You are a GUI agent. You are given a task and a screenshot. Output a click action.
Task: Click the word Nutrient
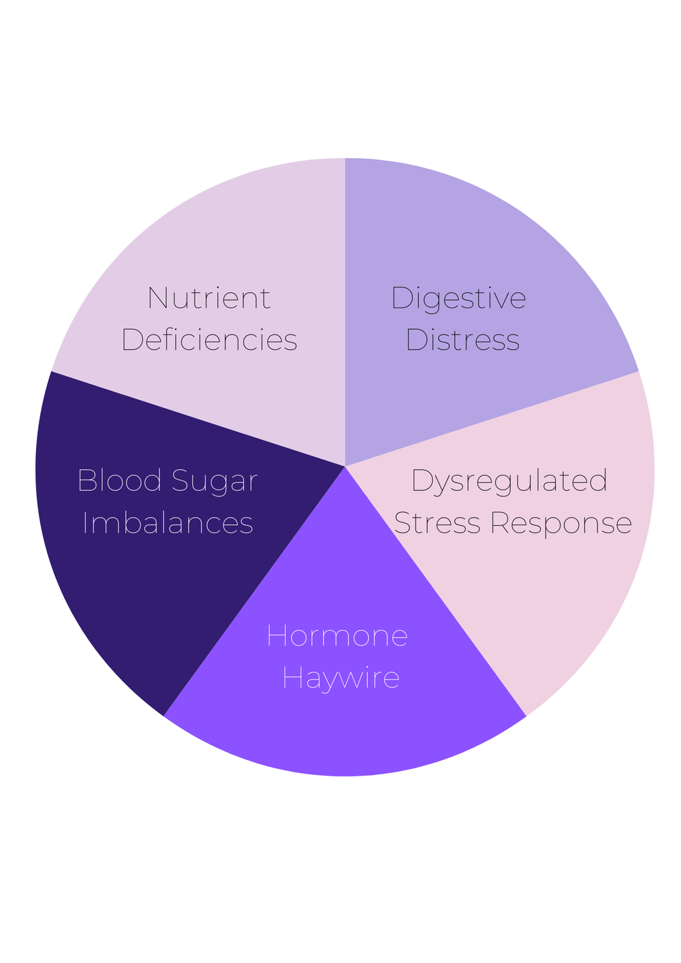209,298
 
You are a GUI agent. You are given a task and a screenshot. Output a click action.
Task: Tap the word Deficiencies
209,340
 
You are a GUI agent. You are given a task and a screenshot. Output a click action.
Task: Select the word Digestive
458,298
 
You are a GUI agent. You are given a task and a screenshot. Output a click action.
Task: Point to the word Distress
462,340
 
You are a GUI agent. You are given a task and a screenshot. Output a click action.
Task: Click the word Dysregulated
509,481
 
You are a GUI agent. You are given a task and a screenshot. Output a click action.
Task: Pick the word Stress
438,523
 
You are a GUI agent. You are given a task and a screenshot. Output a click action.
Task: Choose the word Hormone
337,636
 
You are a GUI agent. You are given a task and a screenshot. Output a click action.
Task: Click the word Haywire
340,678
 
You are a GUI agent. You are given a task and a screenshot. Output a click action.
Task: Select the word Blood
119,481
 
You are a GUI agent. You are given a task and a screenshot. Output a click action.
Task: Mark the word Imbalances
168,523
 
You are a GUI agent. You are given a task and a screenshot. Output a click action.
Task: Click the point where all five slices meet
345,467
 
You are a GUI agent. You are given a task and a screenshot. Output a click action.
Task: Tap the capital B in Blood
86,481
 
